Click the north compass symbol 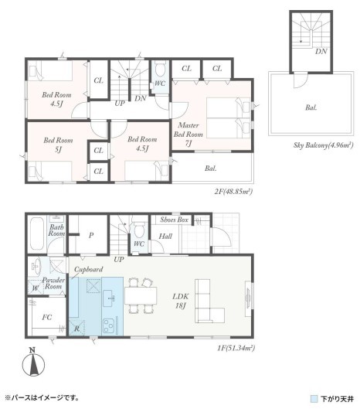[33, 363]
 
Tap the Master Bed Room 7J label [188, 134]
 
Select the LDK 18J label [181, 301]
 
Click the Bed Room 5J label [58, 145]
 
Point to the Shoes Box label [174, 220]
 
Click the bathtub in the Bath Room [37, 233]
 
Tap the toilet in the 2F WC [160, 69]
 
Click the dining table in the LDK [141, 295]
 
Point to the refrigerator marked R [77, 328]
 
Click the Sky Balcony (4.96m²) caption [323, 145]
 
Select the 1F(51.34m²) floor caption [236, 348]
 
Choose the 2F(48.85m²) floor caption [233, 192]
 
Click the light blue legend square [314, 399]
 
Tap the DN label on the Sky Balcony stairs [321, 51]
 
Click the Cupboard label [89, 269]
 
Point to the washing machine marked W [36, 287]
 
